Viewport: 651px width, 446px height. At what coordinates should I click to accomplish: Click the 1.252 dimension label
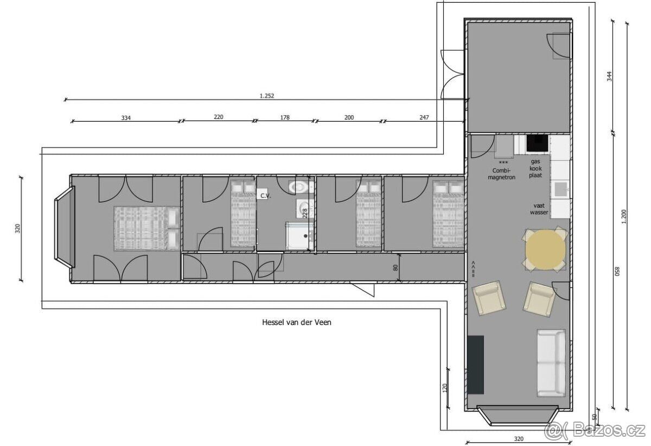click(267, 96)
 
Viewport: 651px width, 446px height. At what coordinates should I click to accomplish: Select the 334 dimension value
click(126, 118)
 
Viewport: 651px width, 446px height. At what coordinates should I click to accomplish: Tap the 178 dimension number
click(285, 117)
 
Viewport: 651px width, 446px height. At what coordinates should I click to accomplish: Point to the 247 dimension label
click(424, 117)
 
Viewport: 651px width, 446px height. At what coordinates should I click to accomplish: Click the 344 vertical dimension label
click(610, 76)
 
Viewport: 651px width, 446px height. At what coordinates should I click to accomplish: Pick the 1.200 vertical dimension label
click(624, 217)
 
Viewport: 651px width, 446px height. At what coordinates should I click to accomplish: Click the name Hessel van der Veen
click(297, 322)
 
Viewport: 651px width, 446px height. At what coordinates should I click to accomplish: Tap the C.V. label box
click(265, 196)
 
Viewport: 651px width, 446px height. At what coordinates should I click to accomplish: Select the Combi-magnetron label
click(501, 174)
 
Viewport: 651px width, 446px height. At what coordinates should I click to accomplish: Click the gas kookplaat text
click(535, 168)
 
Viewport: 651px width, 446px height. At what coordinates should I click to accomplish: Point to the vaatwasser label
click(539, 209)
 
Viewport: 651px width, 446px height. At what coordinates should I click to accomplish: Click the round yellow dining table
click(545, 250)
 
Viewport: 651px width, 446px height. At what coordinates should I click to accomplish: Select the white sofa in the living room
click(551, 363)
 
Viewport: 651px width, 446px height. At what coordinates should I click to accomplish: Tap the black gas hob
click(538, 143)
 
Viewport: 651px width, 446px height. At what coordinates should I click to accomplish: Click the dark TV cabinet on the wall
click(476, 365)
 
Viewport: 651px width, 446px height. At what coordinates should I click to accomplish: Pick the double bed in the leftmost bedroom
click(147, 228)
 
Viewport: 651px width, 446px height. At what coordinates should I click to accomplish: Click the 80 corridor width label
click(395, 268)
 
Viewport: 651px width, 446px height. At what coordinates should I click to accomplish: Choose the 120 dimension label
click(445, 387)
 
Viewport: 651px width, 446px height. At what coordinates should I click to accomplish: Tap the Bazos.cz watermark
click(595, 430)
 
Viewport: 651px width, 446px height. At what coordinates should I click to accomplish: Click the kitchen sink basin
click(560, 190)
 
